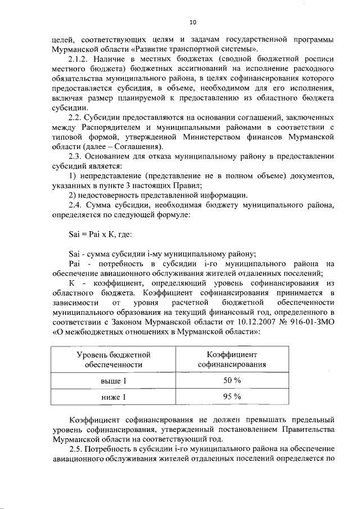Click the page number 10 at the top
[192, 22]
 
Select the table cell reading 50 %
[232, 381]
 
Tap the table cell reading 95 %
[232, 397]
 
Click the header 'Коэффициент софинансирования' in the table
[232, 360]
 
